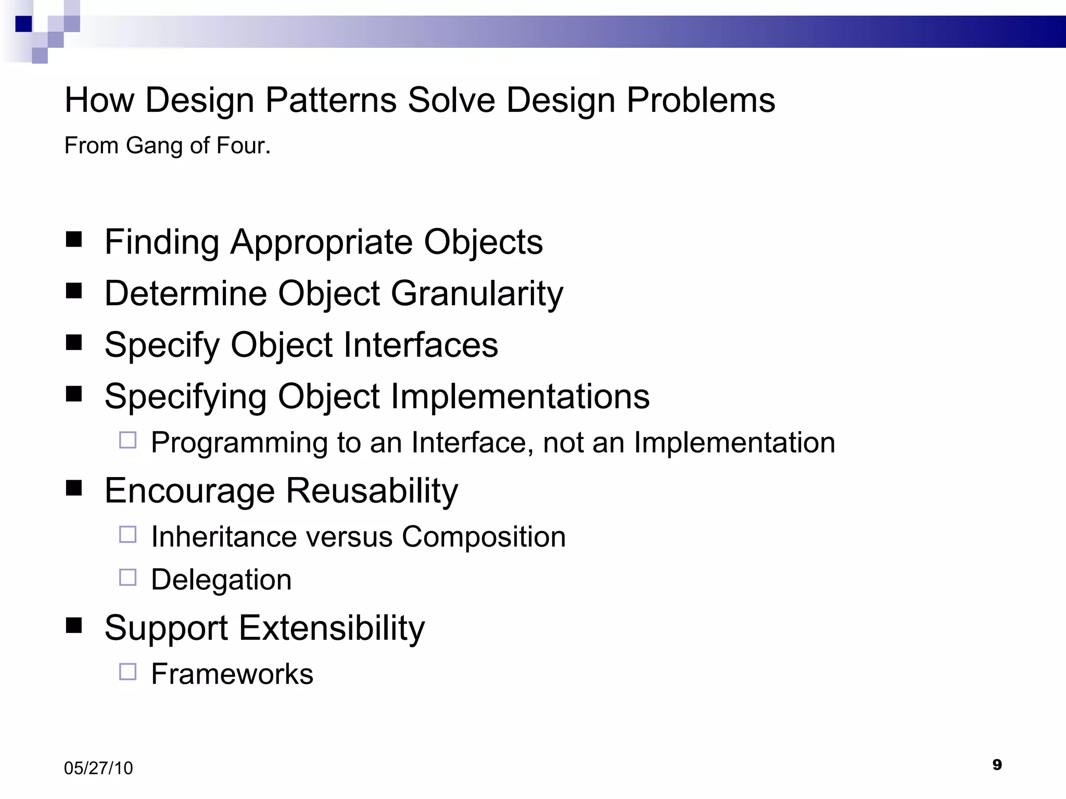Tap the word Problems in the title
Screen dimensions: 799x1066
tap(701, 100)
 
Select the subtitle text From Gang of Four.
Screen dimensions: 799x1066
tap(167, 146)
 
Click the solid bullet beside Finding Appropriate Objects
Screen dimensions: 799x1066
tap(74, 240)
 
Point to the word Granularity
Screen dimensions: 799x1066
tap(477, 294)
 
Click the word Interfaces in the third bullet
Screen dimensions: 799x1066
tap(421, 345)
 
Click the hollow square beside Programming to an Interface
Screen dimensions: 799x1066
tap(128, 441)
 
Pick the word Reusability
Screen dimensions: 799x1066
tap(372, 491)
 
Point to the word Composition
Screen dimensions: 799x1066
tap(484, 537)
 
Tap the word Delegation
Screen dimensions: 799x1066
tap(221, 580)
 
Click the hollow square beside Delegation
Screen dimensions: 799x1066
tap(128, 577)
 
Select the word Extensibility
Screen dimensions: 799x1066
tap(332, 628)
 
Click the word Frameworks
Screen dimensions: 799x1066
tap(232, 674)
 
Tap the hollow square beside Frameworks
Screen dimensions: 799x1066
tap(128, 672)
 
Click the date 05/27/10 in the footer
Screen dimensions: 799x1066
tap(98, 768)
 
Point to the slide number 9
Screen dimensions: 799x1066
tap(997, 765)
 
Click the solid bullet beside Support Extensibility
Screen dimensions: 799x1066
tap(74, 626)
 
